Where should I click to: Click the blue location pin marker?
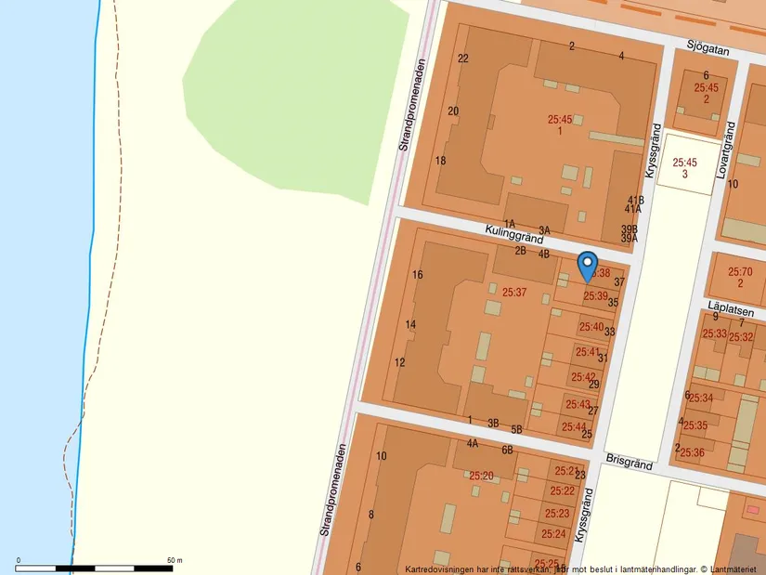587,266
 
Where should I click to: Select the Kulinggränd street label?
513,234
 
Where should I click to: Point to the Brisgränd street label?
629,462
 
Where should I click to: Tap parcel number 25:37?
514,292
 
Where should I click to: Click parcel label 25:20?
481,476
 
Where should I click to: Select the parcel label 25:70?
740,272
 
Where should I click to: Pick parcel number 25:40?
591,327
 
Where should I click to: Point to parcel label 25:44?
574,427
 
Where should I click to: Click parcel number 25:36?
692,452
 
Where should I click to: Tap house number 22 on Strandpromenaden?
463,58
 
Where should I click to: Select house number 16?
418,275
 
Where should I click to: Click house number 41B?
635,200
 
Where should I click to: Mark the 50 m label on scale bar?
174,560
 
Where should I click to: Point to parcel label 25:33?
714,333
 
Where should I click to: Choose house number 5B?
516,429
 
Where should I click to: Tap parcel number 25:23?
557,513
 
